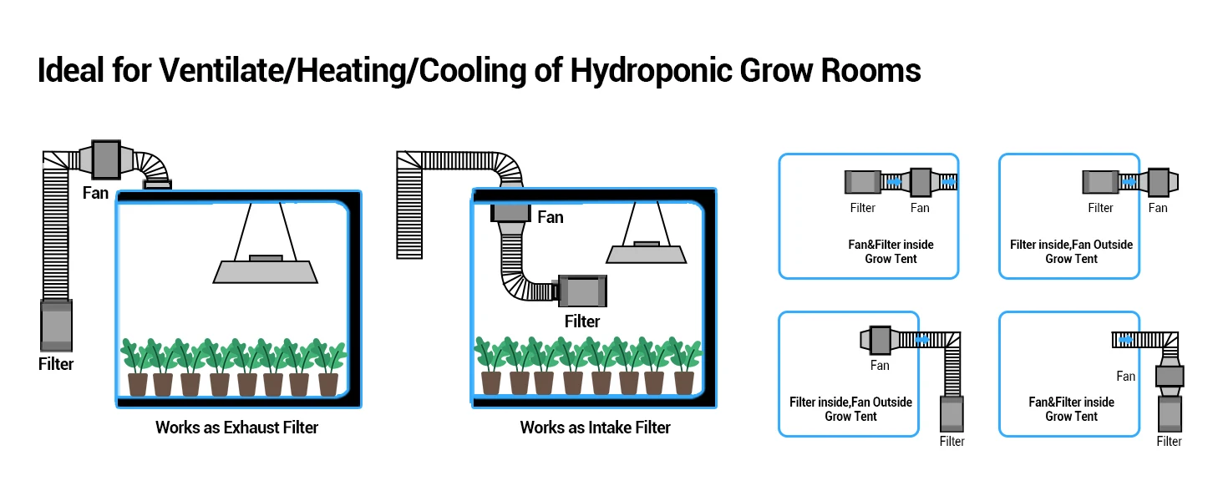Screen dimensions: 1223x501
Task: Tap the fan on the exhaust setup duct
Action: click(x=106, y=159)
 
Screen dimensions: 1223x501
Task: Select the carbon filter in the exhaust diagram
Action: click(x=56, y=326)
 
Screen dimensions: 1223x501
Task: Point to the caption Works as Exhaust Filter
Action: click(x=236, y=428)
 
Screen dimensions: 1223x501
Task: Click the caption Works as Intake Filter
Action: click(x=595, y=428)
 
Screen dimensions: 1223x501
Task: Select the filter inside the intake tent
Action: click(x=582, y=291)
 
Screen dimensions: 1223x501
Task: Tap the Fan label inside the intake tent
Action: click(x=551, y=217)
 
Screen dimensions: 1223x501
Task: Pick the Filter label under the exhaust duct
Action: click(x=56, y=364)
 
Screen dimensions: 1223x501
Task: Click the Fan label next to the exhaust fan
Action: click(x=95, y=193)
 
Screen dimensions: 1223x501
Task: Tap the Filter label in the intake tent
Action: click(x=582, y=321)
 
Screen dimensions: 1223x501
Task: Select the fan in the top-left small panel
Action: click(x=921, y=182)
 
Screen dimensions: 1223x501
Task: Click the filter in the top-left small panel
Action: click(x=863, y=182)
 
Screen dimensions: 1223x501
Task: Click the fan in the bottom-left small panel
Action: click(x=879, y=340)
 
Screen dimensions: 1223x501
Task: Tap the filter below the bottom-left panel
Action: click(x=952, y=414)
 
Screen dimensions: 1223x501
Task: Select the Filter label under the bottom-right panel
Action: click(x=1169, y=442)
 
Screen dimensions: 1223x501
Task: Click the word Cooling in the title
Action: click(x=473, y=71)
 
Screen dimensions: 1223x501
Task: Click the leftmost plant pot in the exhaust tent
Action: click(x=138, y=384)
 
